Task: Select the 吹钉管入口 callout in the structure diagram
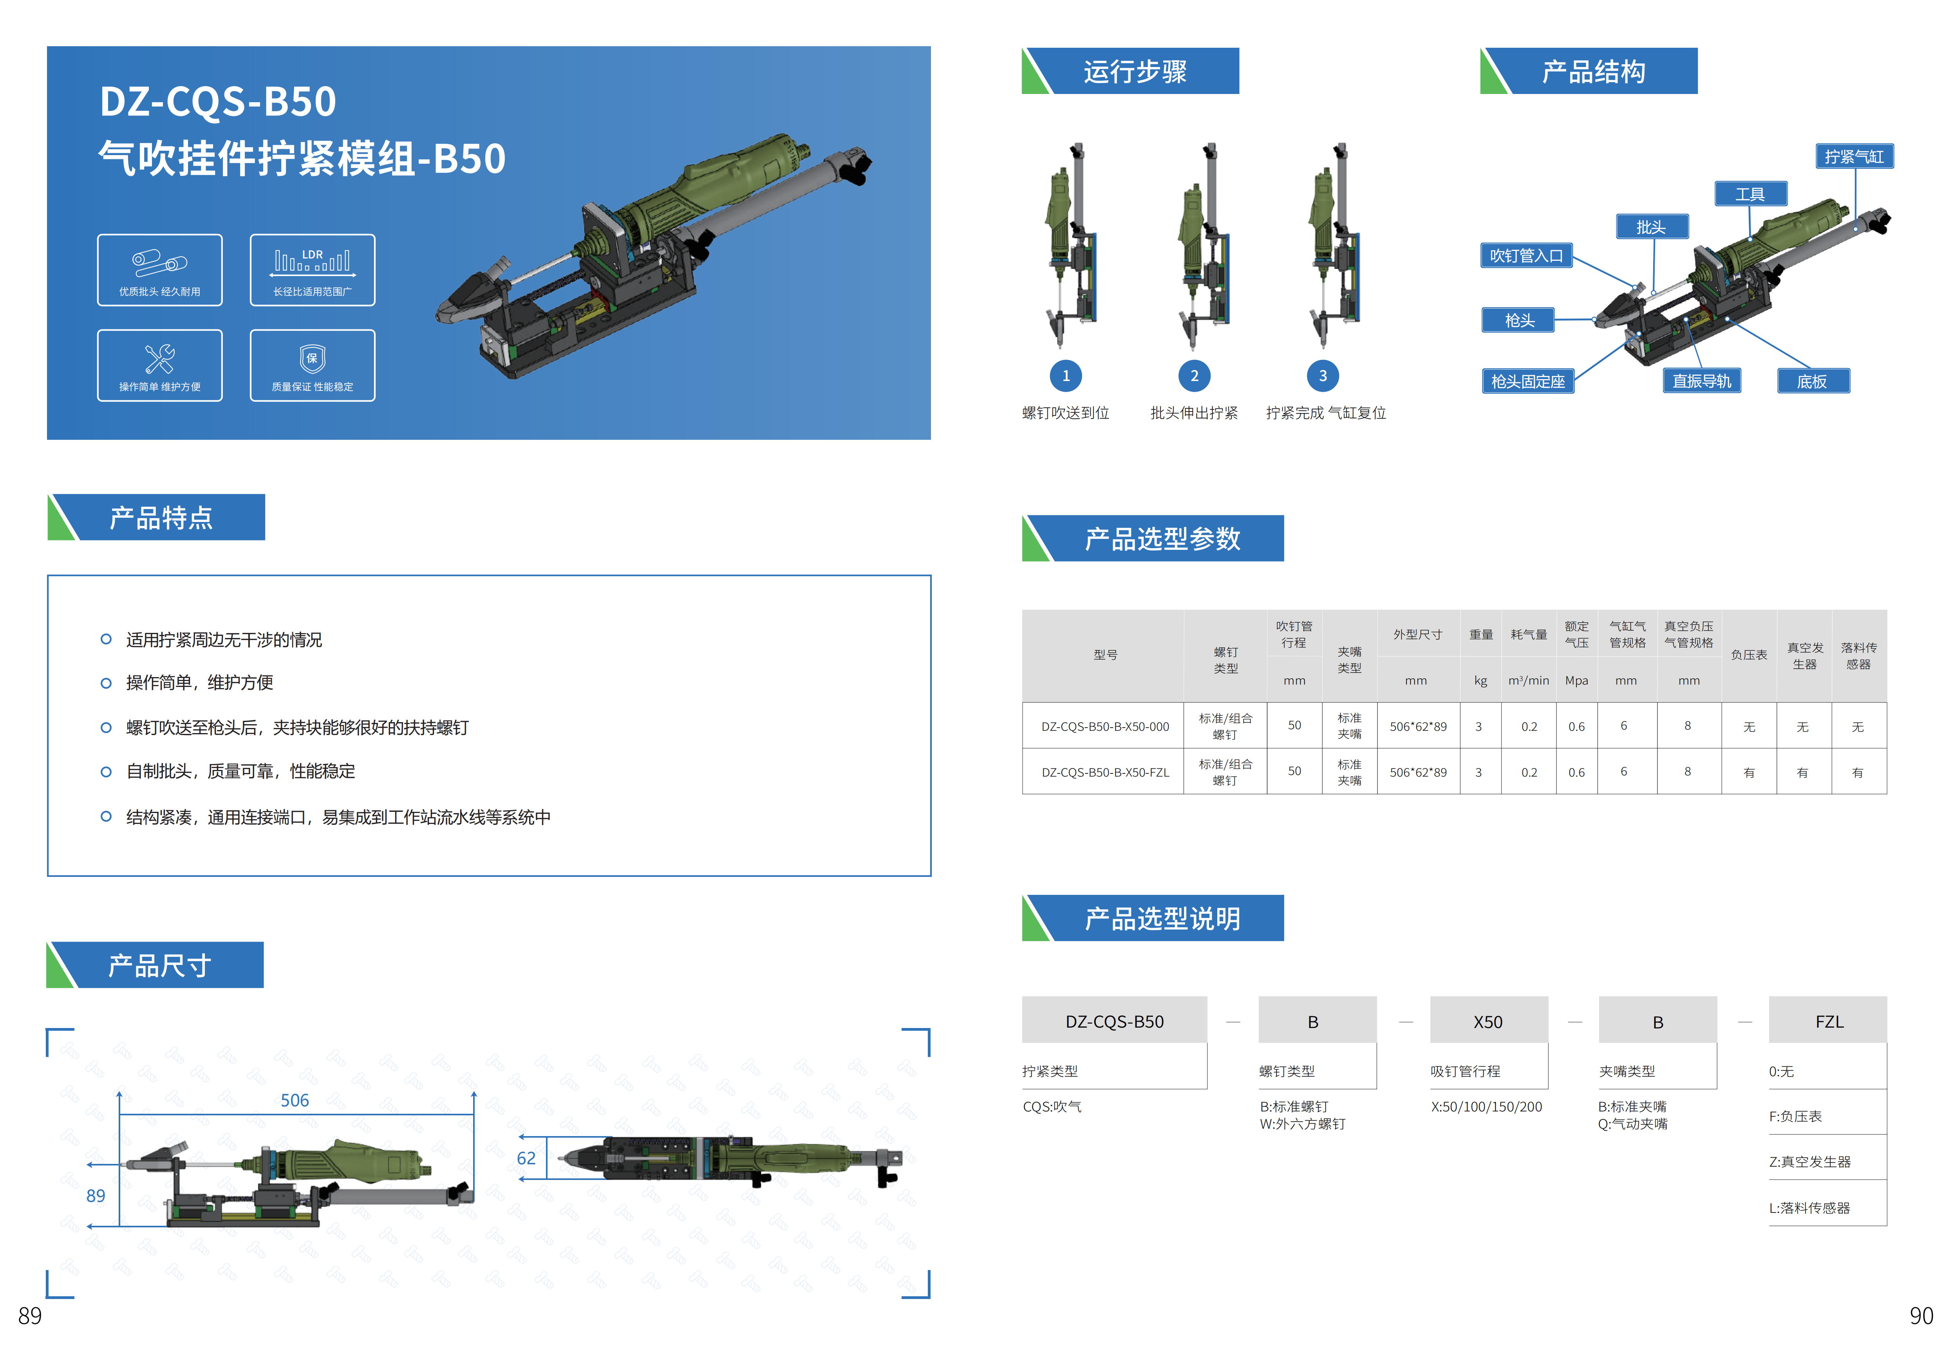click(x=1526, y=256)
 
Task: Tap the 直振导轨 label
click(x=1702, y=381)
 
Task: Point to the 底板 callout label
click(x=1812, y=381)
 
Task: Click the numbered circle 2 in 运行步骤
click(x=1194, y=376)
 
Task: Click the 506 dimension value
click(x=295, y=1100)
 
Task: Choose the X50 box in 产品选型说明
click(x=1488, y=1021)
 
